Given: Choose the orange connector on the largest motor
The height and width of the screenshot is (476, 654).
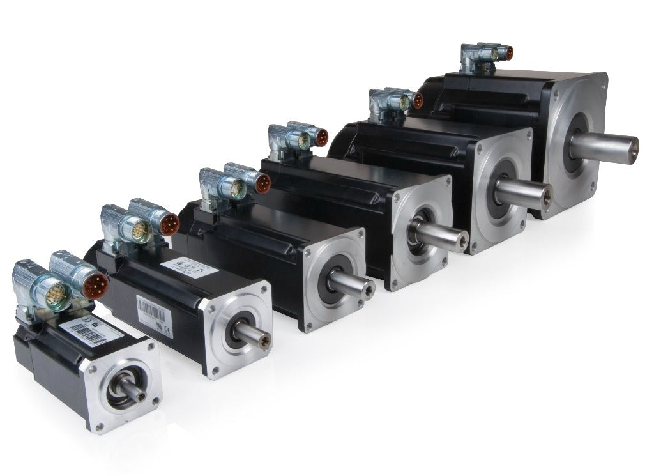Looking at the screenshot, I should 508,52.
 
